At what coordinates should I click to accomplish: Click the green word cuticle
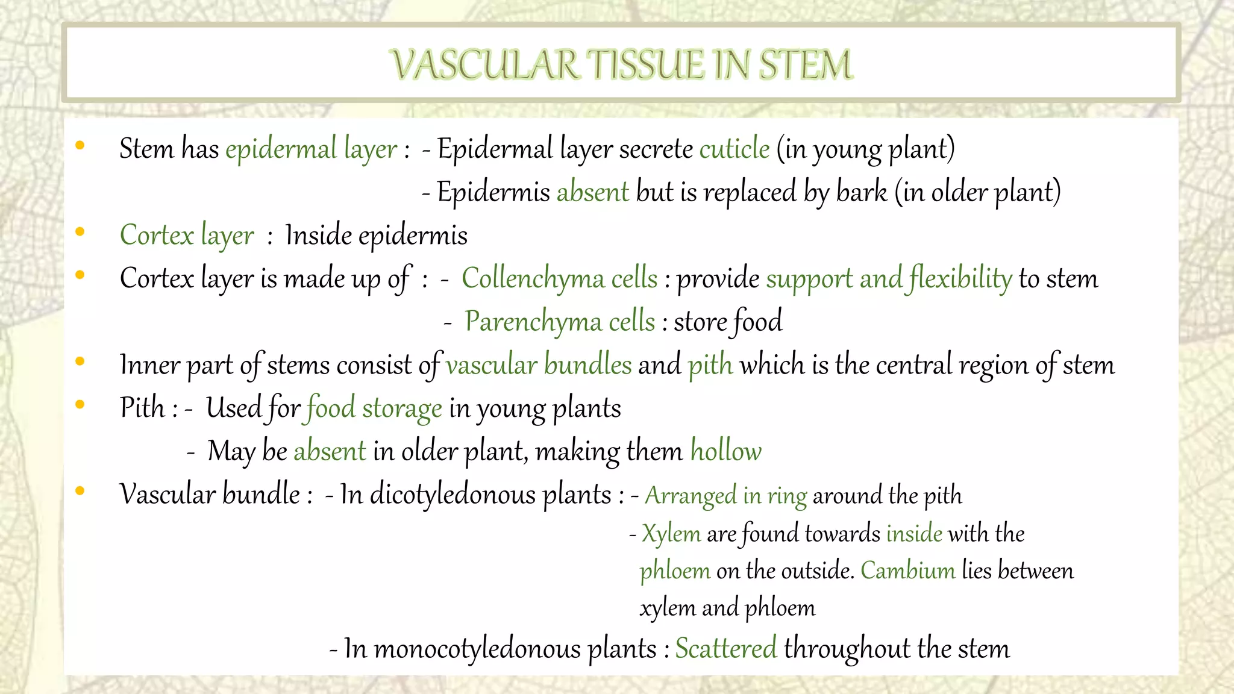734,149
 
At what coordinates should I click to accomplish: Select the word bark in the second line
862,192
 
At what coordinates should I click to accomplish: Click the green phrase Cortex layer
187,236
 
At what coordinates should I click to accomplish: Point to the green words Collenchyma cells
559,279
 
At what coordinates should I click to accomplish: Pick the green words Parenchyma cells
559,322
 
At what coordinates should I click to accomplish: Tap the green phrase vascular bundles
539,365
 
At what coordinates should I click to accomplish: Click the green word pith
710,365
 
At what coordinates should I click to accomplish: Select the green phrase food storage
374,408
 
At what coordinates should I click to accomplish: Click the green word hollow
725,451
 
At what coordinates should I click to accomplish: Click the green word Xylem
671,534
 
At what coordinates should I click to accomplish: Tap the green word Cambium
907,571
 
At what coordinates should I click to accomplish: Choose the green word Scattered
725,649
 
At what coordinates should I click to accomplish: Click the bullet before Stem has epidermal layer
80,145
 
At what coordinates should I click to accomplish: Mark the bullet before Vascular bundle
80,491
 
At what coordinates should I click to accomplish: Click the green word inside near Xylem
914,534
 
